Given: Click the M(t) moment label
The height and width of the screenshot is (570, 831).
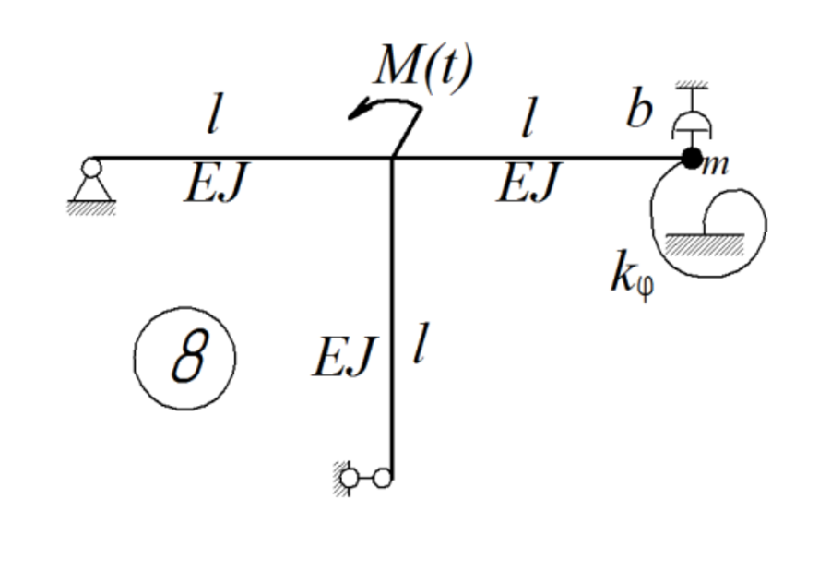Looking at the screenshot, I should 423,66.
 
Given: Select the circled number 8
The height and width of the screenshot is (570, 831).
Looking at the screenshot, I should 185,357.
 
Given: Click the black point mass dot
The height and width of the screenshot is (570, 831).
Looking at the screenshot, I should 691,158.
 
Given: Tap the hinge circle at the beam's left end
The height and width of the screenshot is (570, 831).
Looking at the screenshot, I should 90,167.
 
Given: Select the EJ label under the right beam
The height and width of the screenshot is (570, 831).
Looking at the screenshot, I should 528,185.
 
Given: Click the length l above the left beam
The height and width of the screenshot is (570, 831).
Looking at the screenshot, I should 213,119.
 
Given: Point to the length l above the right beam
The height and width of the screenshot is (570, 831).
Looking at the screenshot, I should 527,119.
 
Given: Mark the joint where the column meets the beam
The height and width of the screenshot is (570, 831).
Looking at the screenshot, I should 393,159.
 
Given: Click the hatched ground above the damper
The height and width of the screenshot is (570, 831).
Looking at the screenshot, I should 692,86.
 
